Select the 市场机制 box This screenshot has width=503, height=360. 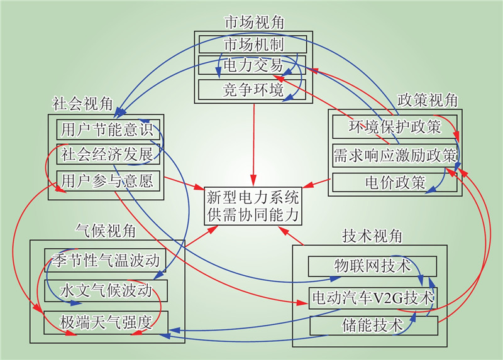pos(253,45)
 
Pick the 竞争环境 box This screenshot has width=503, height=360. pos(253,89)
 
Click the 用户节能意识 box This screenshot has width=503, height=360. pos(106,129)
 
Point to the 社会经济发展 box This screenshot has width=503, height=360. pos(106,155)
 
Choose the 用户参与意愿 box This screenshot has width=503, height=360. pos(106,181)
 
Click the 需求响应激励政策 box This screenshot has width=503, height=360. pos(395,155)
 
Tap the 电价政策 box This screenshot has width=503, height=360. pos(395,183)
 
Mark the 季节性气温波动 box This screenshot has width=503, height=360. pos(106,259)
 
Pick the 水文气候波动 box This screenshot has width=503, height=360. pos(106,290)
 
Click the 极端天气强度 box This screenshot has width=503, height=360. pos(106,322)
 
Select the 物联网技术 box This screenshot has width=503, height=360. pos(372,266)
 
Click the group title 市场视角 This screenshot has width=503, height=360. pos(253,22)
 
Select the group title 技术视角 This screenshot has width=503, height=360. pos(371,236)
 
